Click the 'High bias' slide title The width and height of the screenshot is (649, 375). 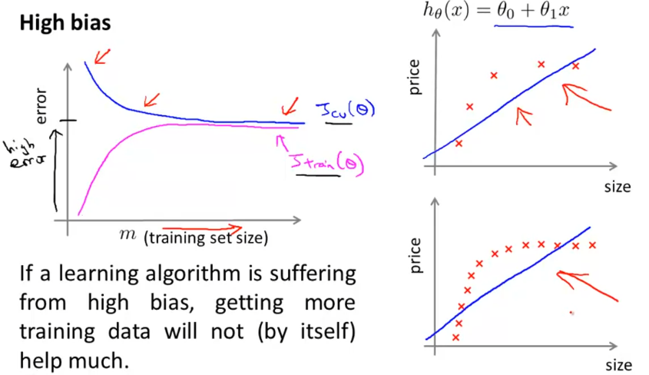pos(65,23)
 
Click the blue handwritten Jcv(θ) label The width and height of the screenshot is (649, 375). pos(346,113)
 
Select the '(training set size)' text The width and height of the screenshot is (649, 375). pos(205,238)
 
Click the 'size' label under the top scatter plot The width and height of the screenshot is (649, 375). pos(617,187)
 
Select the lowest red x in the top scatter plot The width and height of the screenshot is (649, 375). pos(459,143)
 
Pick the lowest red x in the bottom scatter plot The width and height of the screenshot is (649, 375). pos(456,337)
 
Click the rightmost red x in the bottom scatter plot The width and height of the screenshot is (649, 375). pos(592,245)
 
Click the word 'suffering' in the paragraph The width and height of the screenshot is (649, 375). pos(312,274)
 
